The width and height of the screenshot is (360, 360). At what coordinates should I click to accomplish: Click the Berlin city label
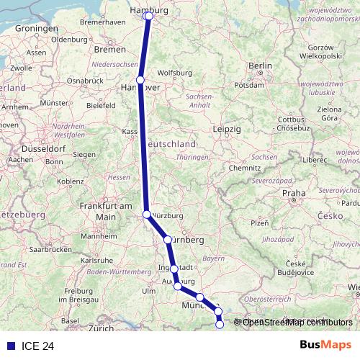(x=259, y=66)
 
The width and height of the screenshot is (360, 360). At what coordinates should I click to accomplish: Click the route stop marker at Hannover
(x=140, y=80)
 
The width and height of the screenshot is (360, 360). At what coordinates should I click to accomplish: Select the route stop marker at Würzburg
(x=147, y=215)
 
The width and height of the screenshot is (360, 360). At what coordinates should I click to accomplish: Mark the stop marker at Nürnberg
(x=168, y=240)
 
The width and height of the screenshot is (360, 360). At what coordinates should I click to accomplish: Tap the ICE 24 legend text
(x=37, y=346)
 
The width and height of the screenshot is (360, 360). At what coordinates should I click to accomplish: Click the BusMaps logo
(x=325, y=346)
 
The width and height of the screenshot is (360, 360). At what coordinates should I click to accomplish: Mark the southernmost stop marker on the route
(x=220, y=325)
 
